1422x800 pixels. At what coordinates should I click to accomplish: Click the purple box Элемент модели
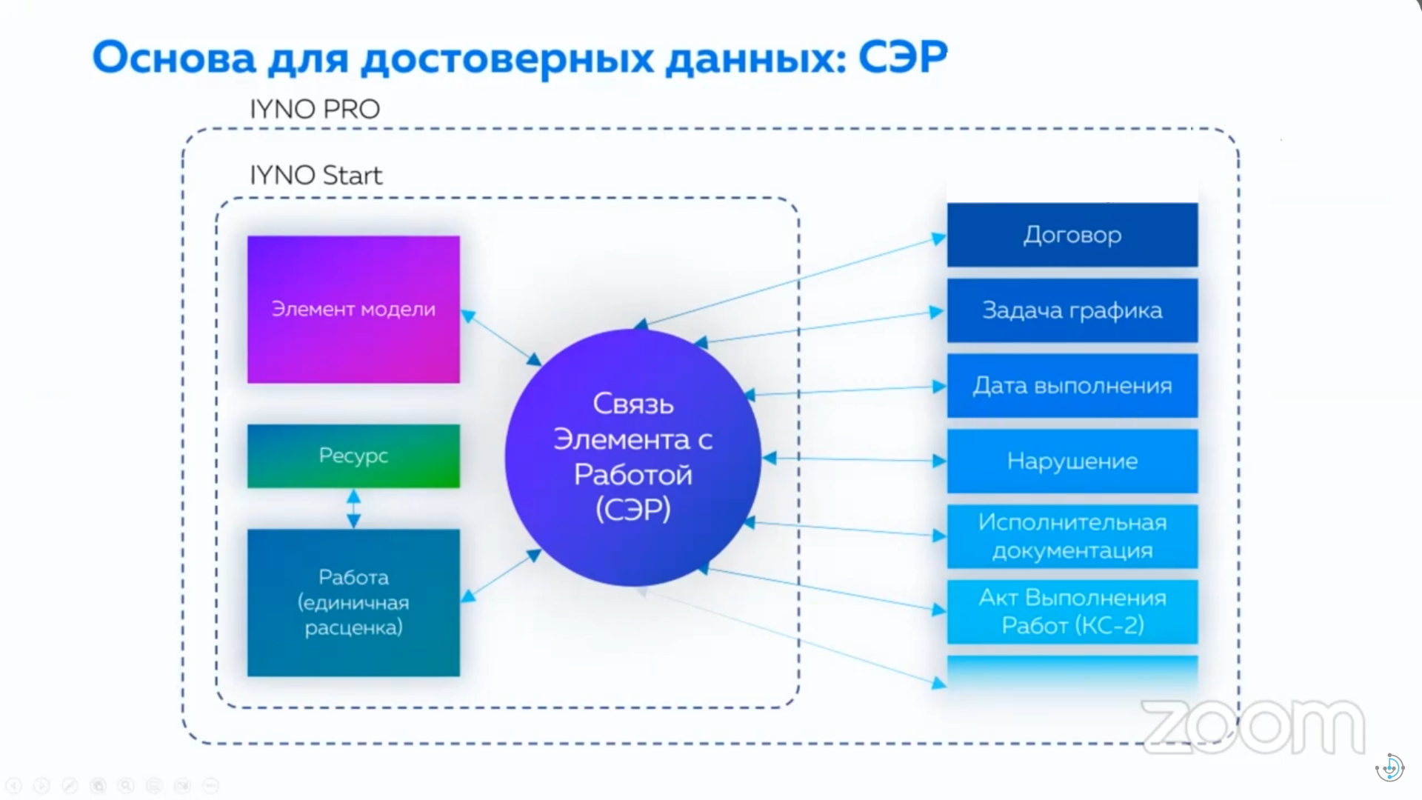tap(353, 309)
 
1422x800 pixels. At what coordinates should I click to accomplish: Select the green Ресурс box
tap(353, 456)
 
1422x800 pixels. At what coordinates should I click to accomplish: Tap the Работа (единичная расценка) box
tap(353, 602)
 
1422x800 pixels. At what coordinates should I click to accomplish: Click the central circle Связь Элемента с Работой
tap(632, 457)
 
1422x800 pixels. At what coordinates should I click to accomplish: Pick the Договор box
tap(1072, 235)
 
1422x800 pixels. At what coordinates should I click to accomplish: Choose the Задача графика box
tap(1072, 310)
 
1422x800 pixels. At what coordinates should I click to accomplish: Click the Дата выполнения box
tap(1072, 385)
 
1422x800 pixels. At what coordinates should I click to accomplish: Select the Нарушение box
tap(1072, 461)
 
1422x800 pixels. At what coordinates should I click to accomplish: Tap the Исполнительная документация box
tap(1072, 536)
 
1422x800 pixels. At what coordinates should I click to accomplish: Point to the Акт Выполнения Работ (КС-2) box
tap(1072, 612)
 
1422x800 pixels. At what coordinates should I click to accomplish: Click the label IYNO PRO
tap(315, 109)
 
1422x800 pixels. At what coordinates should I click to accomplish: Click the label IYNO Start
tap(316, 175)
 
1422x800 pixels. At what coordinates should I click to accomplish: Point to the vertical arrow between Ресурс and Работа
tap(354, 508)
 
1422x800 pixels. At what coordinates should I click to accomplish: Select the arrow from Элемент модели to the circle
tap(501, 338)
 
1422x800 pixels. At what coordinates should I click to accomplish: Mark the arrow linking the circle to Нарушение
tap(855, 459)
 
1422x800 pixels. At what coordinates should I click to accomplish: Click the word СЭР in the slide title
tap(903, 57)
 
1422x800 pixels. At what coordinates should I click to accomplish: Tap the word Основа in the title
tap(174, 57)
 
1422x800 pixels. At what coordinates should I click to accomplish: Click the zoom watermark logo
tap(1252, 727)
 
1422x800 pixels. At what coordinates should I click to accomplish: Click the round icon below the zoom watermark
tap(1389, 767)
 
